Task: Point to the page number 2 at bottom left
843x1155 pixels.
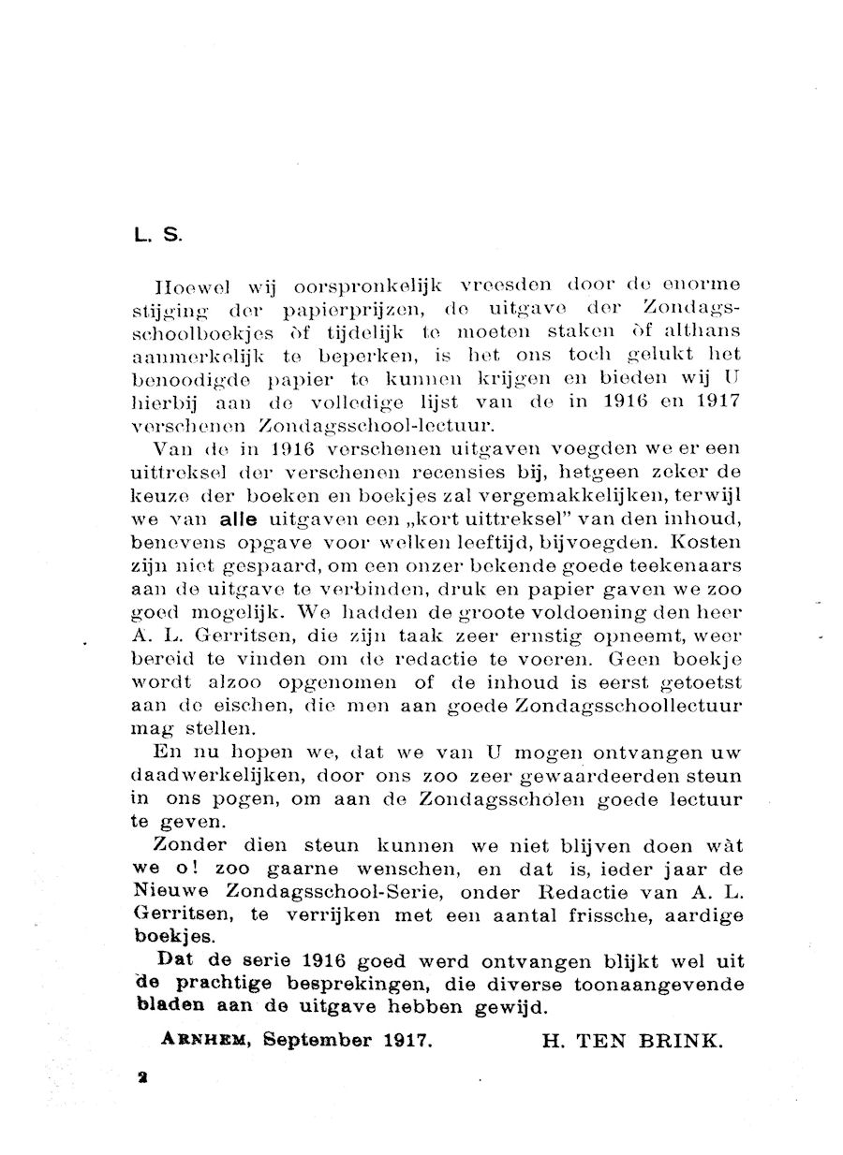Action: (143, 1078)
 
